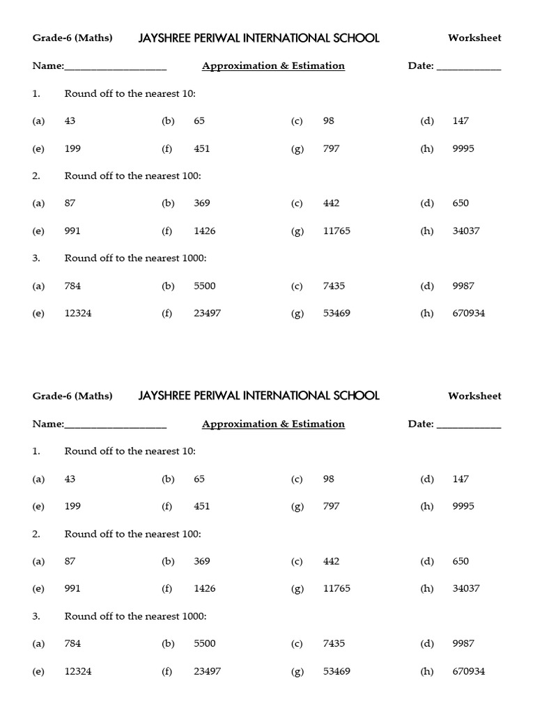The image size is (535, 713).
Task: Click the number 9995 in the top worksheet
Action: [x=463, y=148]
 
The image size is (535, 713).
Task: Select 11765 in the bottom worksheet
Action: [x=337, y=588]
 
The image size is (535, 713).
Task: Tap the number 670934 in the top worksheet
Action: [x=468, y=313]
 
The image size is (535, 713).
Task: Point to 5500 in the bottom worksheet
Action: [x=206, y=644]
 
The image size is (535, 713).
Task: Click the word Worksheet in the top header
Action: [x=474, y=38]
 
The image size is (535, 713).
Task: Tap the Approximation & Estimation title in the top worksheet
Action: [x=273, y=66]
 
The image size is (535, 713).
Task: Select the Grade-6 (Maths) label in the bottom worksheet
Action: [x=72, y=396]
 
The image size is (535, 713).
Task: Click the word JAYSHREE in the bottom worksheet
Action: [x=165, y=395]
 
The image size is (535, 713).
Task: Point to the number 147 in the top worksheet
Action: [x=460, y=120]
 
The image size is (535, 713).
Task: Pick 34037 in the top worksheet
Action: [x=466, y=231]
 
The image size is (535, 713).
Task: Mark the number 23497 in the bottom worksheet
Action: [x=208, y=671]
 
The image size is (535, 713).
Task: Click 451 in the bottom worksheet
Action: [x=202, y=506]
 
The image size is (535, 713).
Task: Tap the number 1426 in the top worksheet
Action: [x=206, y=231]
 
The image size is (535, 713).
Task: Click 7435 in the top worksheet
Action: [x=334, y=285]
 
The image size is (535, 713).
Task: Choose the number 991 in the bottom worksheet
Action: [x=72, y=588]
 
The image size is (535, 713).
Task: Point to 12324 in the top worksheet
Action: [x=78, y=313]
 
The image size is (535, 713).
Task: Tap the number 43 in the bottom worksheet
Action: [x=70, y=479]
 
